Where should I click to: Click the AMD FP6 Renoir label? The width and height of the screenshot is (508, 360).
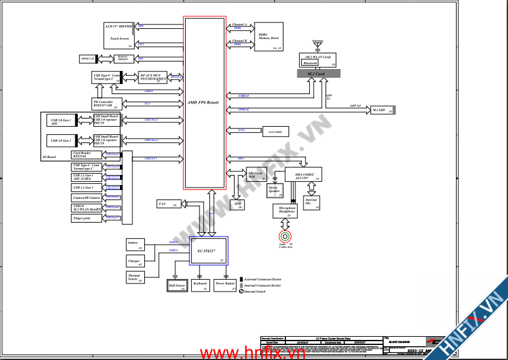pos(204,102)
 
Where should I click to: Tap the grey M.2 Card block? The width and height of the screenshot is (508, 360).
pos(319,74)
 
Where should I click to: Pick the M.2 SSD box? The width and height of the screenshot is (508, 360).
pos(381,110)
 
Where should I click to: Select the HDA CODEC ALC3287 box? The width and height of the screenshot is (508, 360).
pos(304,175)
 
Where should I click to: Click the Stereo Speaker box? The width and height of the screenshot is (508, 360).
pos(274,189)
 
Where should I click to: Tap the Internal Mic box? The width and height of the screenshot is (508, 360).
pos(312,202)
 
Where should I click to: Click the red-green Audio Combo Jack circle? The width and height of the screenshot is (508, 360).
pos(285,236)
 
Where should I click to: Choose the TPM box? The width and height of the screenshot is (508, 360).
pos(238,204)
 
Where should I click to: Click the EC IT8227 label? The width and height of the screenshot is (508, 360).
pos(207,250)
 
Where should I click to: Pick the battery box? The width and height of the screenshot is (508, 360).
pos(135,245)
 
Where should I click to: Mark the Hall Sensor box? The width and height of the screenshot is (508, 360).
pos(177,286)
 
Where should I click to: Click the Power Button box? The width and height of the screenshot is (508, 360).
pos(225,285)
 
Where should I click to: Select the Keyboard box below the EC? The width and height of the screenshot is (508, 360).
pos(200,285)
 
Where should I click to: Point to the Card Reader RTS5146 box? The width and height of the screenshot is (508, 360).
pos(88,154)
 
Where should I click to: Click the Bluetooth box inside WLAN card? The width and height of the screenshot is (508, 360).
pos(310,63)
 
